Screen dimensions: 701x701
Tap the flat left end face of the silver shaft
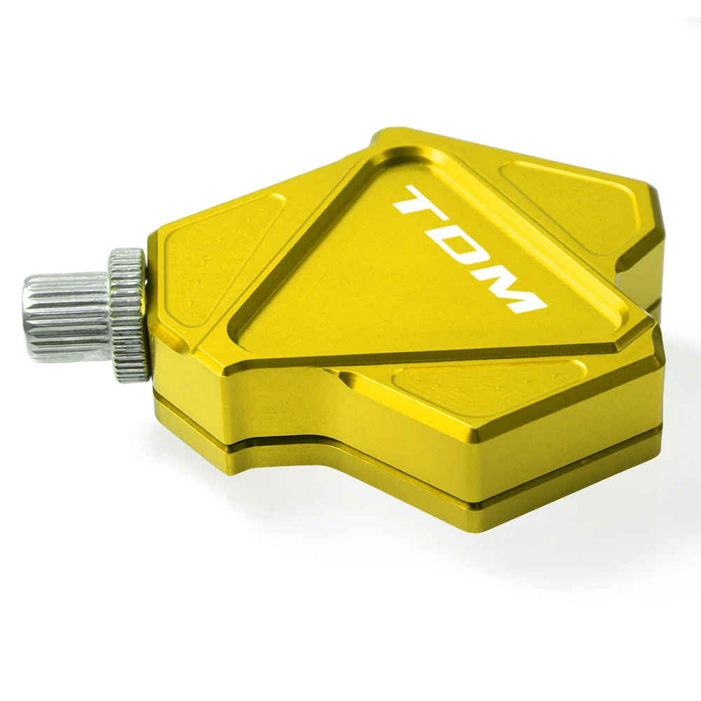pyautogui.click(x=29, y=318)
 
